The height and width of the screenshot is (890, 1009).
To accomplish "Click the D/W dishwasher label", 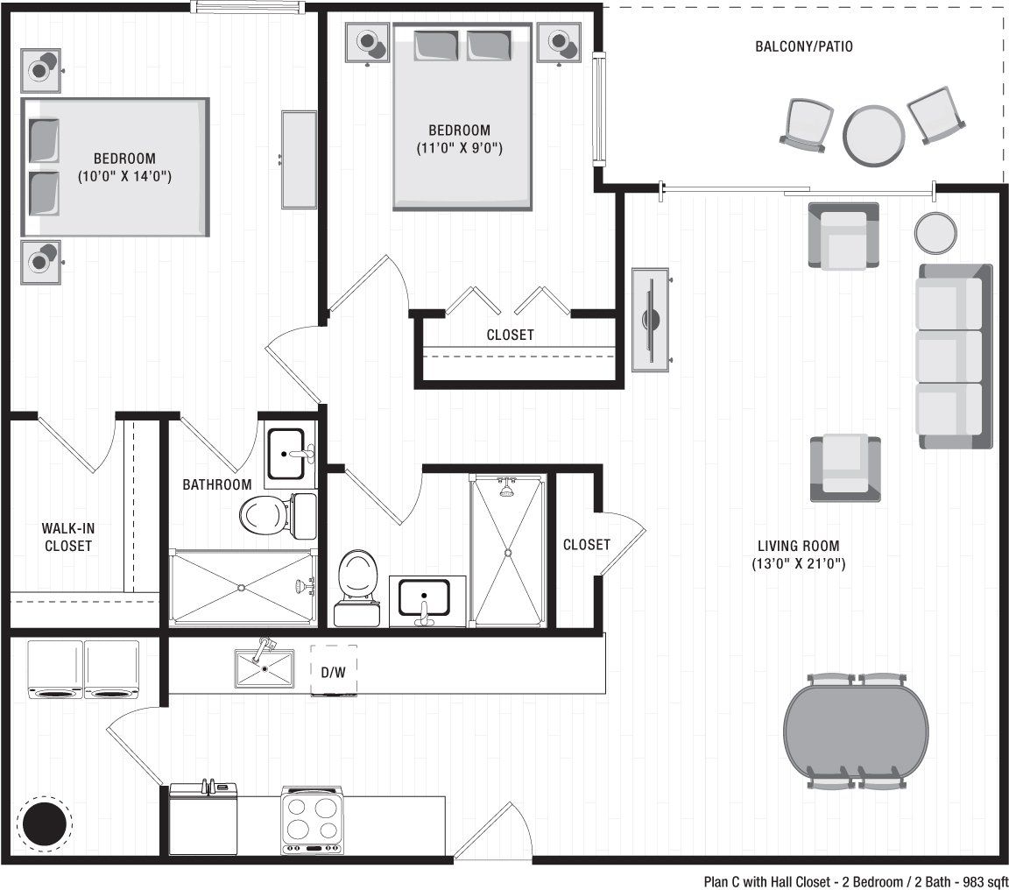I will (334, 673).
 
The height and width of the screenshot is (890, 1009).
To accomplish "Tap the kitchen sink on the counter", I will (264, 668).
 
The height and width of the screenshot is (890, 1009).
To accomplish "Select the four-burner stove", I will (311, 821).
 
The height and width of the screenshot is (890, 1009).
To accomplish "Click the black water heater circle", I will (46, 823).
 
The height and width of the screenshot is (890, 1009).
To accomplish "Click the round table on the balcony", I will (873, 135).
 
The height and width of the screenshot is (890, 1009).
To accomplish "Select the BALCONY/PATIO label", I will (803, 46).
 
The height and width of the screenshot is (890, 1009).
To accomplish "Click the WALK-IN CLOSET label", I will (67, 537).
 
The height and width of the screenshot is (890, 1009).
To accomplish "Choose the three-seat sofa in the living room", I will (954, 357).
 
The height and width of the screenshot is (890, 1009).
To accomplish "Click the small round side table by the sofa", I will (935, 232).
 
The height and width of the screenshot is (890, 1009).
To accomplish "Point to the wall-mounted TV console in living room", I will (650, 320).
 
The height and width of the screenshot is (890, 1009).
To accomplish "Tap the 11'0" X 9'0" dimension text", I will (459, 148).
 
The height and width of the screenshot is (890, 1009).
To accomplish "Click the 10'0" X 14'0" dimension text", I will (123, 176).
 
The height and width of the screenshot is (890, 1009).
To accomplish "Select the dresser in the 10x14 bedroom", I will (299, 159).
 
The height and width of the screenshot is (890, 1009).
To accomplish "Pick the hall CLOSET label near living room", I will (586, 545).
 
